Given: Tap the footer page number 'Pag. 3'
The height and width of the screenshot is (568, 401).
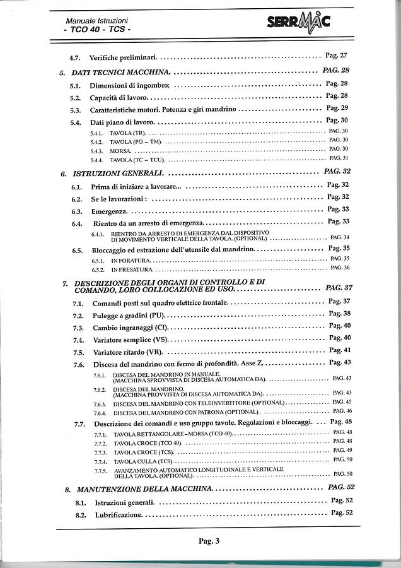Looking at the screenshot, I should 208,541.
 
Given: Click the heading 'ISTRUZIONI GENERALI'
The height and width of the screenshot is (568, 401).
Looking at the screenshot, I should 119,172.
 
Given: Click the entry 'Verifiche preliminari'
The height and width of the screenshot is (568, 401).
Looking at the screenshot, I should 124,56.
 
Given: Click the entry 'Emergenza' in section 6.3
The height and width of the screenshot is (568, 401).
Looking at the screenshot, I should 110,210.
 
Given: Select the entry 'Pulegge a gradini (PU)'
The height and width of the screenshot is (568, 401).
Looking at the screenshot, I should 129,315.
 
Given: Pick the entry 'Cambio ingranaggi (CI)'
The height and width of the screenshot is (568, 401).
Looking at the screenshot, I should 130,328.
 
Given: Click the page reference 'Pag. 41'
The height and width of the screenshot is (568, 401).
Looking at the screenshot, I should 339,350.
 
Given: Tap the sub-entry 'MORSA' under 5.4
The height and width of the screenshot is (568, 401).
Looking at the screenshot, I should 120,151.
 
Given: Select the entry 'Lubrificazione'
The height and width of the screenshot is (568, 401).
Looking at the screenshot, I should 119,515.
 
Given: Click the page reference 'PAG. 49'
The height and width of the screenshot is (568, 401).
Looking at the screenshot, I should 340,450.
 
